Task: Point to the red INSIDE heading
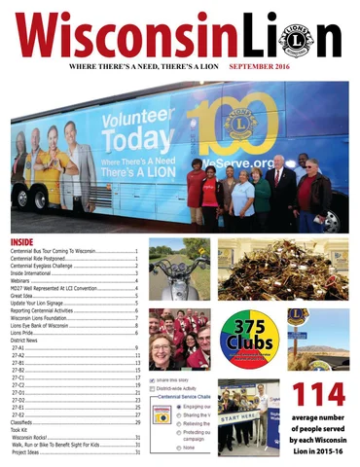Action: [21, 241]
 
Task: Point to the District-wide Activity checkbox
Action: [153, 388]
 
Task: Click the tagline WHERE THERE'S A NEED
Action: [145, 72]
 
